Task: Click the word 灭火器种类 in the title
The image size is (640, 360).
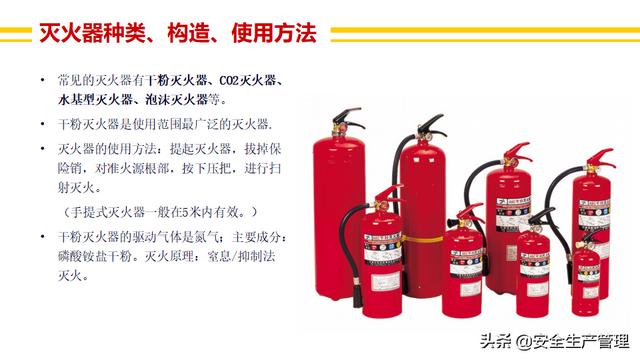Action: (93, 33)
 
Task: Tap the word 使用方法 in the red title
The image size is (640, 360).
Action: (274, 33)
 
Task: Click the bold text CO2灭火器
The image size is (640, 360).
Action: (248, 80)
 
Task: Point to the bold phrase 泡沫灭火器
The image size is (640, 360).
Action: (176, 100)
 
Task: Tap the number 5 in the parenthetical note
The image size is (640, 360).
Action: (185, 212)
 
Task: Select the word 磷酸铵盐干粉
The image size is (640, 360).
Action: (95, 256)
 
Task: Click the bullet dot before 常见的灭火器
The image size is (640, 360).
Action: (42, 79)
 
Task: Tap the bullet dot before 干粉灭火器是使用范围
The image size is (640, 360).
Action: (42, 123)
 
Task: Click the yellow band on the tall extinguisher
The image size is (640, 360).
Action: (422, 239)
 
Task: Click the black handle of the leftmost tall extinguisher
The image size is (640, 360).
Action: (347, 117)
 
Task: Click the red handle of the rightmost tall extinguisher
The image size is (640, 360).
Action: (602, 158)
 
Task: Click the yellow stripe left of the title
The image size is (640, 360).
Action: (16, 34)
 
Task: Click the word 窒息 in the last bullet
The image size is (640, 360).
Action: (220, 256)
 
